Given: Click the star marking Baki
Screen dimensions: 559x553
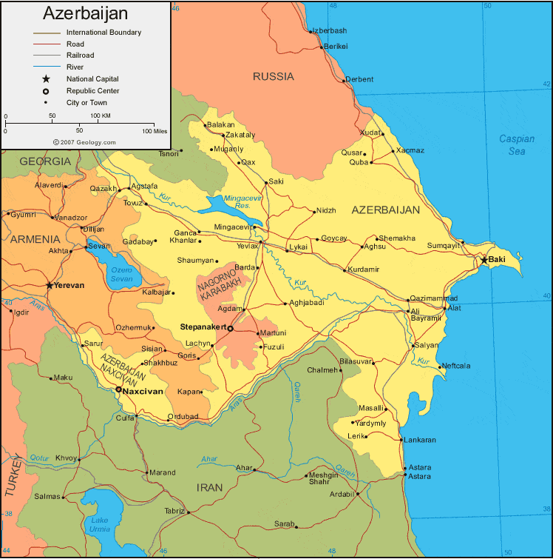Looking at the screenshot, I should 484,260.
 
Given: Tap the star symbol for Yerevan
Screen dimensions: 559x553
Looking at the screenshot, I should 50,285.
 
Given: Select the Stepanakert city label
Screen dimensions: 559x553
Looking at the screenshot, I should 203,326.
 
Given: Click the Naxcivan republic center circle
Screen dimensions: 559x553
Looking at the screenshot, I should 118,389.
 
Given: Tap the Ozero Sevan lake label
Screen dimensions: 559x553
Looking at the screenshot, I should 121,273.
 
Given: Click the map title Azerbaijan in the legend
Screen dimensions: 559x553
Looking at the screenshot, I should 85,13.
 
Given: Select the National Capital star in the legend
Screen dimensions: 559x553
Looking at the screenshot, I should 46,79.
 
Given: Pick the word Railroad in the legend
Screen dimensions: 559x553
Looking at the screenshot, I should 80,56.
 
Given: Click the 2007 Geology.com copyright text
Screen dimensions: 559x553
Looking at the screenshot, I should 84,141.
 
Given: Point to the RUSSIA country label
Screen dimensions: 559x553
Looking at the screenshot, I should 273,76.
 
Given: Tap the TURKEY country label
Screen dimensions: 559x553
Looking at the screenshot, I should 13,474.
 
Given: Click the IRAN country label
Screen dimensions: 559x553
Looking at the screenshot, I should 208,488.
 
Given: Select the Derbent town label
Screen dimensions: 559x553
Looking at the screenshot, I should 359,80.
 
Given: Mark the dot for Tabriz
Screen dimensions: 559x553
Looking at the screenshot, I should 189,512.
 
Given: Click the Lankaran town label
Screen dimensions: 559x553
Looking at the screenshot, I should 420,440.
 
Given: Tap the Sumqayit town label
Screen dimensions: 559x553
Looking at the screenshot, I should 443,244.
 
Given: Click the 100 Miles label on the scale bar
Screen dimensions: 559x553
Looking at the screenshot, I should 154,131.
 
